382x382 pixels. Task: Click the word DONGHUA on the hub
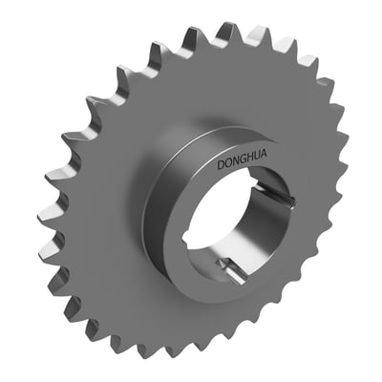tap(242, 160)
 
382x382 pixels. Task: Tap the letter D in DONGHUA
tap(221, 165)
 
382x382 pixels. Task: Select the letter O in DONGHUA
tap(227, 163)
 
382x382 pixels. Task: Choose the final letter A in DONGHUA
tap(264, 155)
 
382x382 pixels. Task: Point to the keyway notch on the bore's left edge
tap(190, 231)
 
